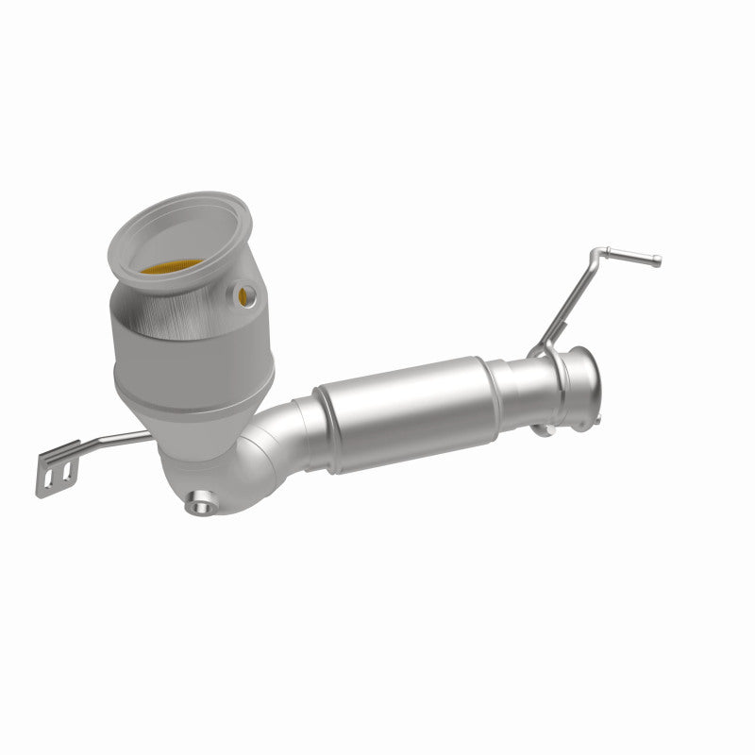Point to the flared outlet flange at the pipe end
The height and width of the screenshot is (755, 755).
click(579, 377)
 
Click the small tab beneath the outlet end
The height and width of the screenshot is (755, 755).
click(542, 429)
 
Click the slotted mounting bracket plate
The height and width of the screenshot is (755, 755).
click(54, 467)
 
